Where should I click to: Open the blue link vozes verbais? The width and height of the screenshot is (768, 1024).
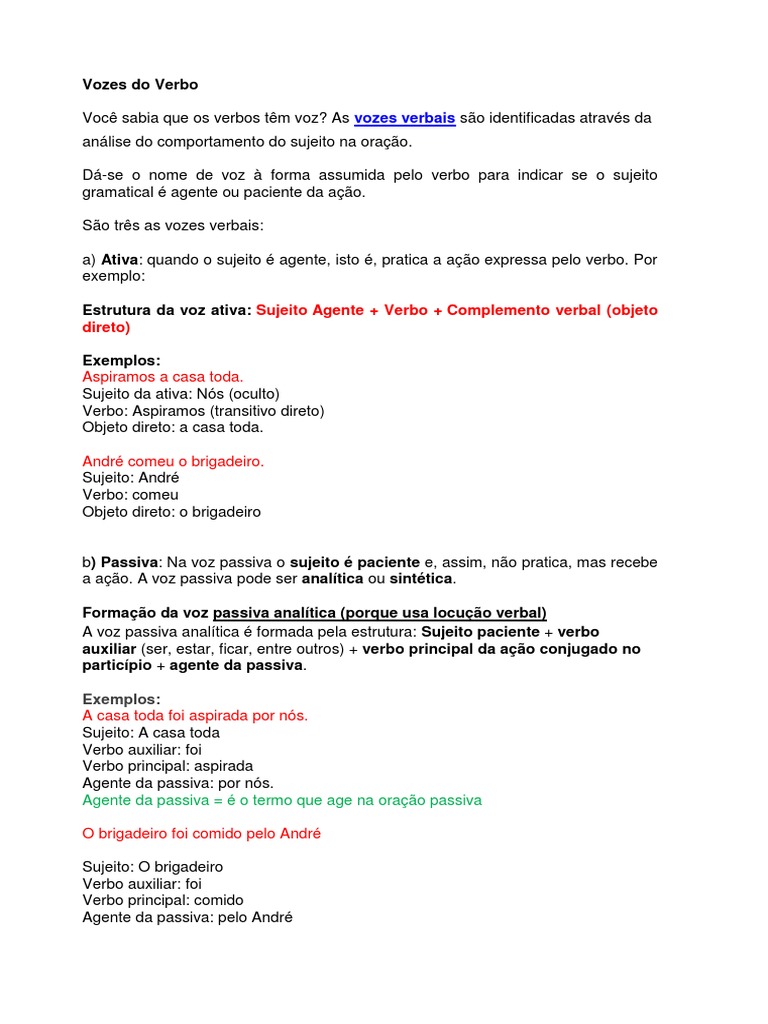coord(404,118)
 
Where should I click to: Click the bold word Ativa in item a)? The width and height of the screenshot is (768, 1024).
coord(121,259)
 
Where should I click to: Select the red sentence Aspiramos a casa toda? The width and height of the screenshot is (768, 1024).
coord(162,377)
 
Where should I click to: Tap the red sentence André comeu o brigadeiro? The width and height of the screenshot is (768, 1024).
coord(173,461)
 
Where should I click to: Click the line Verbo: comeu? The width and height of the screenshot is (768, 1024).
coord(130,495)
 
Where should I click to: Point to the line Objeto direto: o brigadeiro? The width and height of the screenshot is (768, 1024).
coord(171,512)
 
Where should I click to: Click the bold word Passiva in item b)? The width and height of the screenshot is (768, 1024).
coord(130,562)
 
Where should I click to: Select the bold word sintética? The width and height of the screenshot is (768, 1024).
coord(420,579)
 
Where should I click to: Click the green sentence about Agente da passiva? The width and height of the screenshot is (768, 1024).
coord(282,800)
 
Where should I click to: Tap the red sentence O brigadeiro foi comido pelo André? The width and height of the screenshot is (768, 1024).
coord(202,833)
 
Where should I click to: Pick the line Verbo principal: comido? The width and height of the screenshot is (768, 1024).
coord(162,900)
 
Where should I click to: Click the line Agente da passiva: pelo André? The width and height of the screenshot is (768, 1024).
coord(187,917)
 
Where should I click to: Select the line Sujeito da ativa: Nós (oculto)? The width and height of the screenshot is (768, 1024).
coord(180,394)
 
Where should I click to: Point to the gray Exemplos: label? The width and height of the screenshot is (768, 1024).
coord(121,699)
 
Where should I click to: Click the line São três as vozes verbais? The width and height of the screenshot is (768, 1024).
coord(173,225)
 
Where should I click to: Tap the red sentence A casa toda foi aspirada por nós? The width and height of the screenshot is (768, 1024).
coord(195,715)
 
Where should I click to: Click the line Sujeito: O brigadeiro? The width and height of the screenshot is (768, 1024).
coord(152,866)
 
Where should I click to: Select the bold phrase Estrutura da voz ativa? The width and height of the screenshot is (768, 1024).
coord(167,310)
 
